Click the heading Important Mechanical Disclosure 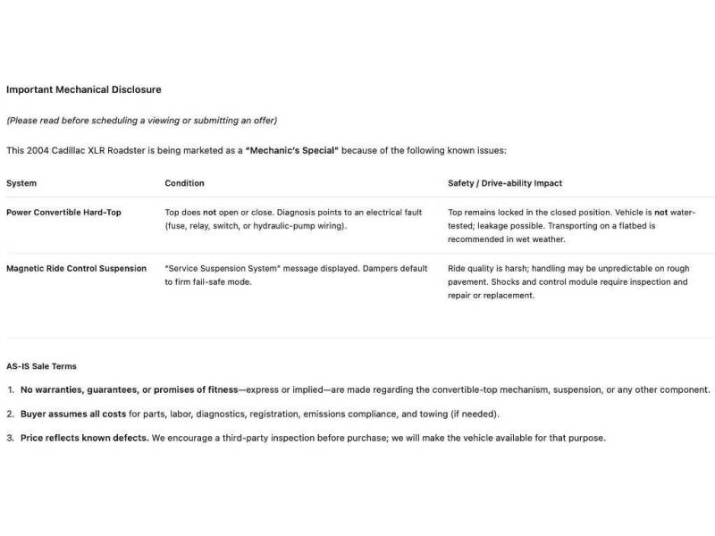click(83, 89)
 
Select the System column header click(21, 183)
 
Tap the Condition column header click(184, 183)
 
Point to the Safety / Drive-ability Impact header click(505, 183)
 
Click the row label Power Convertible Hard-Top click(63, 213)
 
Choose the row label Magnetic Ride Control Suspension click(76, 268)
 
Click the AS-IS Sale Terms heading click(41, 366)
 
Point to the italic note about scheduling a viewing click(141, 121)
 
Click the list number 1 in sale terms click(11, 389)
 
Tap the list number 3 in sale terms click(11, 438)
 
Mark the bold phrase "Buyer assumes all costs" click(73, 414)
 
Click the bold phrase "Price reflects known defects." click(84, 438)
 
